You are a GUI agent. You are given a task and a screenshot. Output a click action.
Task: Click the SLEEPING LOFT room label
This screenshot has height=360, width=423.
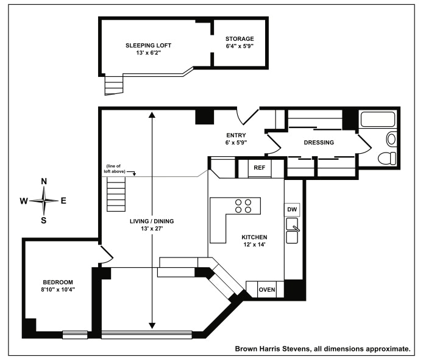pos(148,46)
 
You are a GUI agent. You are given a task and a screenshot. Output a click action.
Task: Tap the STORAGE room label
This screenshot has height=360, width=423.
pos(239,38)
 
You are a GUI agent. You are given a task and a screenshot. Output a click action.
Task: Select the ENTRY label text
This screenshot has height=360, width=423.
pos(236,135)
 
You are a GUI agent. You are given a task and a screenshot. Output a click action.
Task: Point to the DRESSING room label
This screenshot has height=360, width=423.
pos(319,143)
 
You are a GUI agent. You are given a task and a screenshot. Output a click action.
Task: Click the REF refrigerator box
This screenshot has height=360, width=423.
pos(260,167)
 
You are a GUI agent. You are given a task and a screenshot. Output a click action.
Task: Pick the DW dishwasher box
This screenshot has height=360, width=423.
pos(292,209)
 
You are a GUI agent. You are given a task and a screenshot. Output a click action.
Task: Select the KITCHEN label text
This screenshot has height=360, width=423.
pos(255,237)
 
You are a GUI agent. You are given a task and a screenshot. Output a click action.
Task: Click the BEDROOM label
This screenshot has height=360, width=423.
pos(58,282)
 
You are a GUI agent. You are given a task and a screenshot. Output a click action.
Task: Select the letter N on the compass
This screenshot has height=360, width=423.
pos(44,181)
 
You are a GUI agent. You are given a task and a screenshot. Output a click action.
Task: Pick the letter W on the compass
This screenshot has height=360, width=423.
pos(24,201)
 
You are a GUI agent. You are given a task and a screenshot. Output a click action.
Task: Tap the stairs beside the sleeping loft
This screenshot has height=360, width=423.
pos(114,84)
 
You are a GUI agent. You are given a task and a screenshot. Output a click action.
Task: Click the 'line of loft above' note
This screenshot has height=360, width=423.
pos(118,169)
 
